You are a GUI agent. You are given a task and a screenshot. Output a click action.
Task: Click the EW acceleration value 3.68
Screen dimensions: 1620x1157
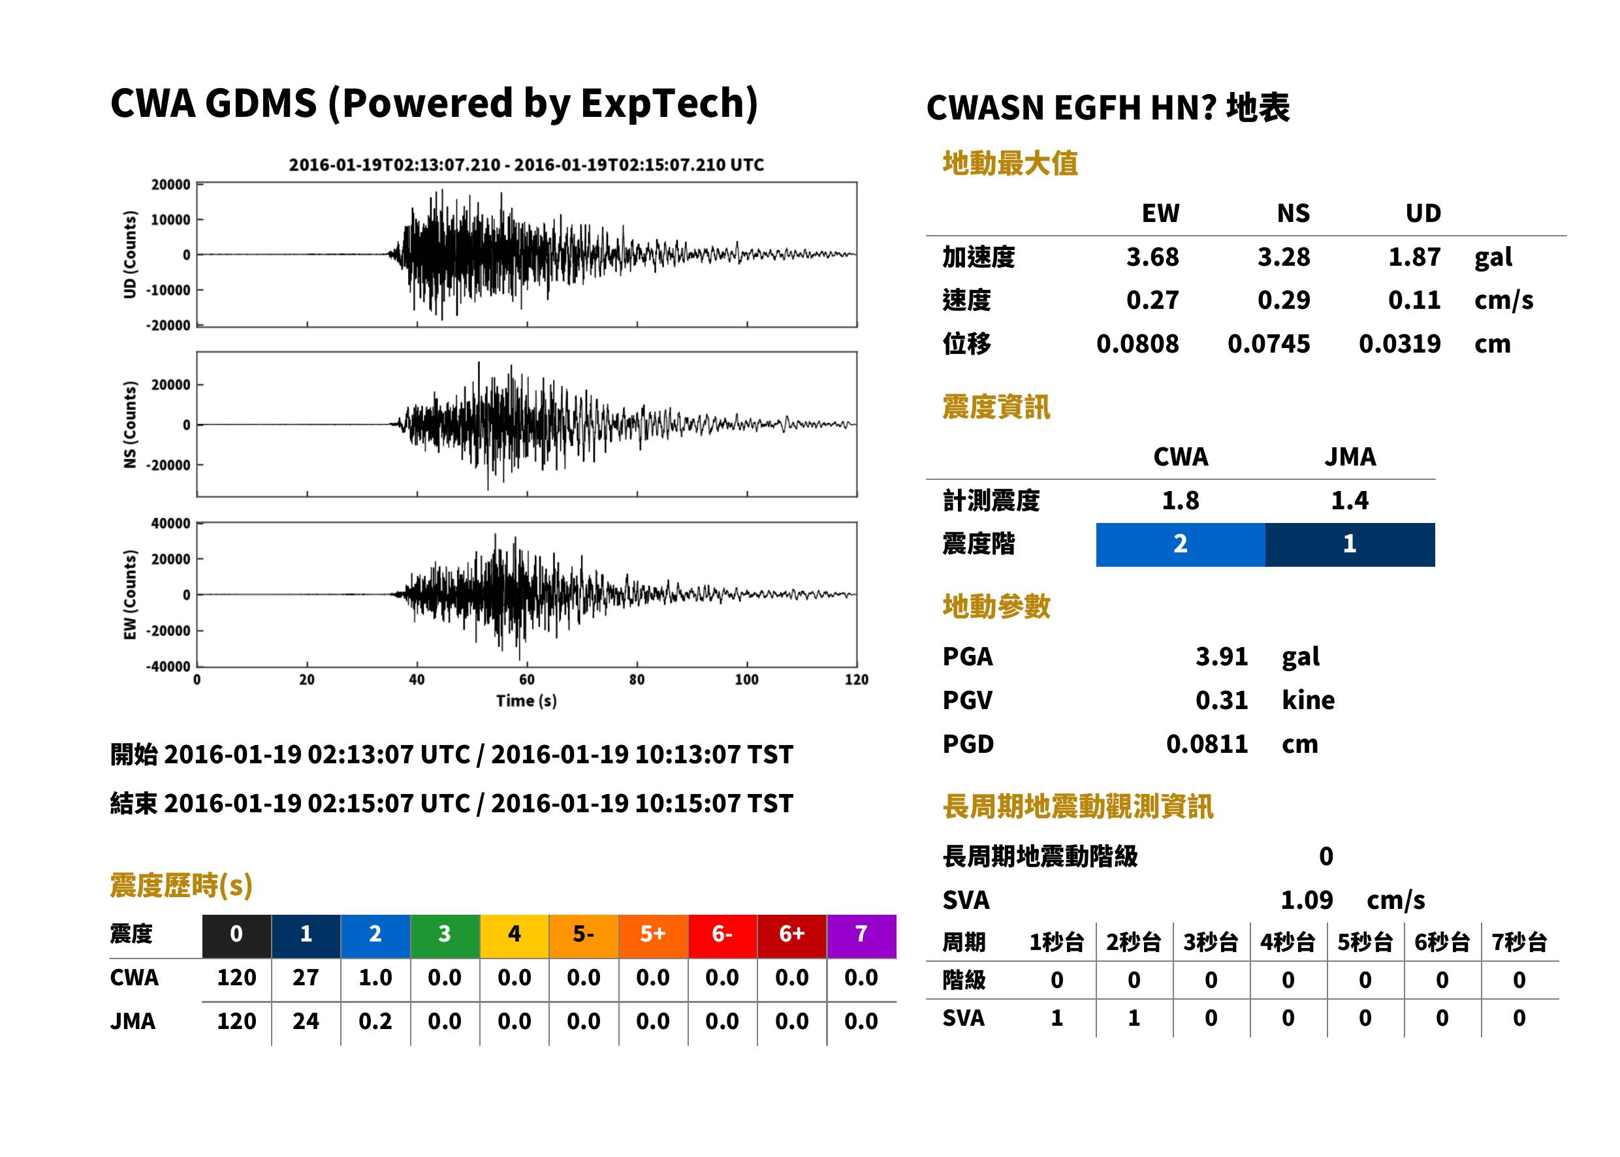point(1152,257)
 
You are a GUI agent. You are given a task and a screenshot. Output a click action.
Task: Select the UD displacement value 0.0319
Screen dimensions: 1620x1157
point(1399,343)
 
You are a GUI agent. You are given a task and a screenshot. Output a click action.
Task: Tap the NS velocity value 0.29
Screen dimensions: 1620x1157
point(1283,300)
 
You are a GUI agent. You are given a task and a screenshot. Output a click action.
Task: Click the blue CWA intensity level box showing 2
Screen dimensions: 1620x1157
point(1181,545)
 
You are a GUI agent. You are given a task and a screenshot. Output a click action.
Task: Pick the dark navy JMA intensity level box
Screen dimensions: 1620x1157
point(1350,545)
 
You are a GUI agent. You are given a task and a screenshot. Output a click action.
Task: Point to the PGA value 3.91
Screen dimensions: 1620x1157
point(1221,656)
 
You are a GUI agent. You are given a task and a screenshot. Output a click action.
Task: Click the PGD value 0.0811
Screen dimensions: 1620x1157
point(1207,744)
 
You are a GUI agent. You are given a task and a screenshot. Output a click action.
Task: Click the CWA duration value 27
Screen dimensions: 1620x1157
point(306,977)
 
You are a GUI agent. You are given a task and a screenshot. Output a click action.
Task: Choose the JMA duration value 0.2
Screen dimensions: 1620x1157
point(375,1021)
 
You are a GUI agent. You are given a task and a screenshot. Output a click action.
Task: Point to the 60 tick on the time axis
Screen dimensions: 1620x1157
point(526,680)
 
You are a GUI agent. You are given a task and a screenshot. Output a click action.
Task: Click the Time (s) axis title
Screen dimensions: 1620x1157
point(526,701)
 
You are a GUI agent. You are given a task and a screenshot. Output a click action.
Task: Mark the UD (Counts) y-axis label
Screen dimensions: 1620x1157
point(130,255)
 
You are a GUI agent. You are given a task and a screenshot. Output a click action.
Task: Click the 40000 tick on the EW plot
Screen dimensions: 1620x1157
point(170,524)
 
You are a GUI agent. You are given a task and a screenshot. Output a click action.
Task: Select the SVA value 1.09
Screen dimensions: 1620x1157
point(1307,900)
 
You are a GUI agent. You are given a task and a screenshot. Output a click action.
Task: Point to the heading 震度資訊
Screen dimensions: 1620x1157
point(996,407)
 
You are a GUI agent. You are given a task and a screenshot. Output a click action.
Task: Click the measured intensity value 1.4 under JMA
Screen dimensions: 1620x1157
point(1349,500)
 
